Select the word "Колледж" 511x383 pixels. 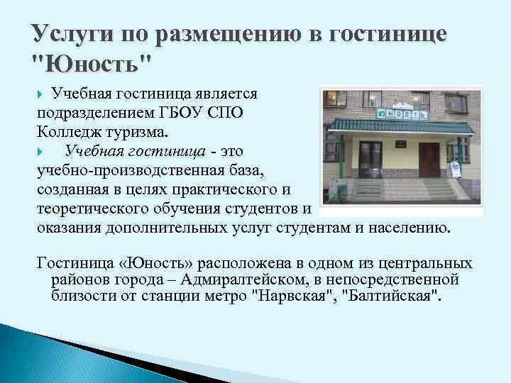click(70, 131)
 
